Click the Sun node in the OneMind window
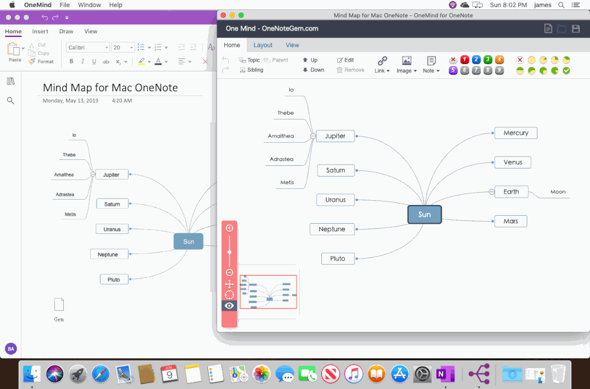(x=424, y=214)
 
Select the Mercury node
(x=515, y=133)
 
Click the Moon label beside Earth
(x=558, y=192)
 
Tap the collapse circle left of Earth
(x=491, y=192)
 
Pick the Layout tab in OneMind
(x=263, y=45)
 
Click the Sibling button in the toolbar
(x=252, y=70)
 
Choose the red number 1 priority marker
(x=464, y=60)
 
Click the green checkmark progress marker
(x=566, y=70)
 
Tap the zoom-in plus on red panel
(x=229, y=228)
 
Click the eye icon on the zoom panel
(x=229, y=305)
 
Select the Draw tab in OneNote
(x=66, y=31)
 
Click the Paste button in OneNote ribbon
(x=14, y=52)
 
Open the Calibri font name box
(x=87, y=47)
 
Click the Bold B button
(x=71, y=61)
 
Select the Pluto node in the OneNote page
(x=114, y=280)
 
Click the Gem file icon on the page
(x=59, y=305)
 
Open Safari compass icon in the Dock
(x=100, y=374)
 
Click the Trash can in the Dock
(x=558, y=374)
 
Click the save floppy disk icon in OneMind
(x=576, y=28)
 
